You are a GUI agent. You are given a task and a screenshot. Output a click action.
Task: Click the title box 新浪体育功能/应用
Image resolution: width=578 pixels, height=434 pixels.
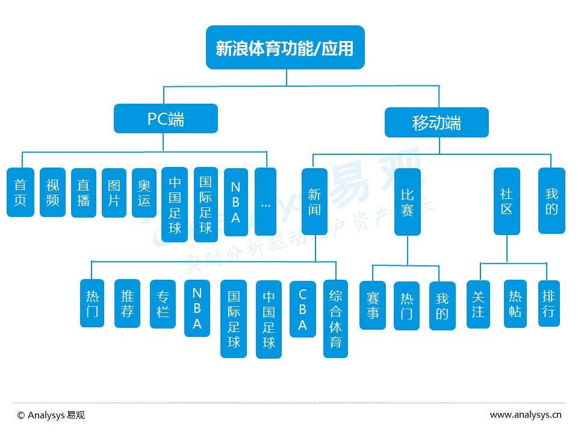click(x=285, y=48)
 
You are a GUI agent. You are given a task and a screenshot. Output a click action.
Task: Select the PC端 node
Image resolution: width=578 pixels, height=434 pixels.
click(x=166, y=119)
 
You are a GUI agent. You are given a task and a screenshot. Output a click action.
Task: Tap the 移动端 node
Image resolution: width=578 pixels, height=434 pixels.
click(x=437, y=123)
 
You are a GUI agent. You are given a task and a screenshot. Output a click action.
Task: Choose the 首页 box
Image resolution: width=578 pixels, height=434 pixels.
click(x=20, y=192)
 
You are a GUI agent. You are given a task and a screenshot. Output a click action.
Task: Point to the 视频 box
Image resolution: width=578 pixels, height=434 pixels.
click(x=52, y=192)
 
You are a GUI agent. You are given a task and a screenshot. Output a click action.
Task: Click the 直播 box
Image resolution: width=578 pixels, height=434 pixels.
click(x=83, y=192)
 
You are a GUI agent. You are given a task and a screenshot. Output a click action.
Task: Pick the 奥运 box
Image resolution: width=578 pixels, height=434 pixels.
click(x=144, y=192)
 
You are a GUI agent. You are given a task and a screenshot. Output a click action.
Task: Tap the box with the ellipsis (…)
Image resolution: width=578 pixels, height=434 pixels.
click(x=266, y=201)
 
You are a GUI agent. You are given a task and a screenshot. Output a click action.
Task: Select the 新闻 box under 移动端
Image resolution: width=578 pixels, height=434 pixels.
click(x=314, y=201)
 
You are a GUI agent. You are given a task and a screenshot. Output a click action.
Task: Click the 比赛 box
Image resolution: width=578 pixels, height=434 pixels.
click(x=408, y=202)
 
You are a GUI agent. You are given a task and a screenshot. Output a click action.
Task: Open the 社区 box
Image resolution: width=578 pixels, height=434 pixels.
click(x=506, y=201)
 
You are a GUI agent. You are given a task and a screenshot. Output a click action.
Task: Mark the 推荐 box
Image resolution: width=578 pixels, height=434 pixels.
click(x=127, y=303)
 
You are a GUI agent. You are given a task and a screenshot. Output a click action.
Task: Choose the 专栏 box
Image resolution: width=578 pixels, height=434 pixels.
click(x=163, y=304)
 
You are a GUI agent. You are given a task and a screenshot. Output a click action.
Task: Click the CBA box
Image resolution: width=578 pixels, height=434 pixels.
click(x=302, y=309)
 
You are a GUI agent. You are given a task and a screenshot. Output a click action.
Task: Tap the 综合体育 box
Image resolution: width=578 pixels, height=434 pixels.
click(x=335, y=319)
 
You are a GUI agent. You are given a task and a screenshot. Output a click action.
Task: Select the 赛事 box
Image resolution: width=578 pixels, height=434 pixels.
click(x=373, y=305)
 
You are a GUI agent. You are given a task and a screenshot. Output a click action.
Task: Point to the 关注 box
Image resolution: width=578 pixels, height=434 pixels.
click(x=478, y=304)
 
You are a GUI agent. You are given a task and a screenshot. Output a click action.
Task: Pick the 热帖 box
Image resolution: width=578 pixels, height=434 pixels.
click(x=515, y=304)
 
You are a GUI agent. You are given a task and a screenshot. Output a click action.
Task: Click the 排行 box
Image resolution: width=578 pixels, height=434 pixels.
click(x=548, y=303)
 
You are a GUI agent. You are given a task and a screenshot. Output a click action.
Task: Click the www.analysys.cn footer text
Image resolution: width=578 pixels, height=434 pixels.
click(x=526, y=415)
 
